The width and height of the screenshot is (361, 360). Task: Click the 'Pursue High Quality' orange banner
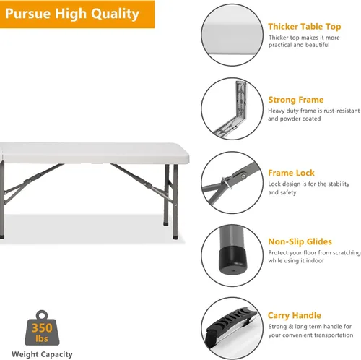[x=77, y=14]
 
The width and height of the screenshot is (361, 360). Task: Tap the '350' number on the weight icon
[x=42, y=327]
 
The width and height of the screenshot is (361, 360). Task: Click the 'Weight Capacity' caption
[x=42, y=354]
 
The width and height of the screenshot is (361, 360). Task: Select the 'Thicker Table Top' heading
[x=305, y=27]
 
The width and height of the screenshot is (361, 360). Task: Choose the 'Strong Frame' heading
[x=296, y=100]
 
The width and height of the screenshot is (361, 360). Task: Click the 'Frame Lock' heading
[x=291, y=173]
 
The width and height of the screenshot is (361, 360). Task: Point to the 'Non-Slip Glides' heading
[x=300, y=241]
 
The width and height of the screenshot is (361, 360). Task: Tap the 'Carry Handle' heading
[x=295, y=315]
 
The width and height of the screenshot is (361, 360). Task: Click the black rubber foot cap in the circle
[x=232, y=260]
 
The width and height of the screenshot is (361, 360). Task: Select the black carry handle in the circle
[x=229, y=324]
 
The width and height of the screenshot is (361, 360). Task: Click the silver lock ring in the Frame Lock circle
[x=227, y=183]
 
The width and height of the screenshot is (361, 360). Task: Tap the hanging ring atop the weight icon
[x=42, y=314]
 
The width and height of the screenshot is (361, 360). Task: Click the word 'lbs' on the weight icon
[x=42, y=338]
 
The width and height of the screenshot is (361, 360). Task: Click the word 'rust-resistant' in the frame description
[x=342, y=111]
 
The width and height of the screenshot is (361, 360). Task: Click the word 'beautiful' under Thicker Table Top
[x=316, y=45]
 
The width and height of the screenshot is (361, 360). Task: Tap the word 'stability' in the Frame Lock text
[x=339, y=184]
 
